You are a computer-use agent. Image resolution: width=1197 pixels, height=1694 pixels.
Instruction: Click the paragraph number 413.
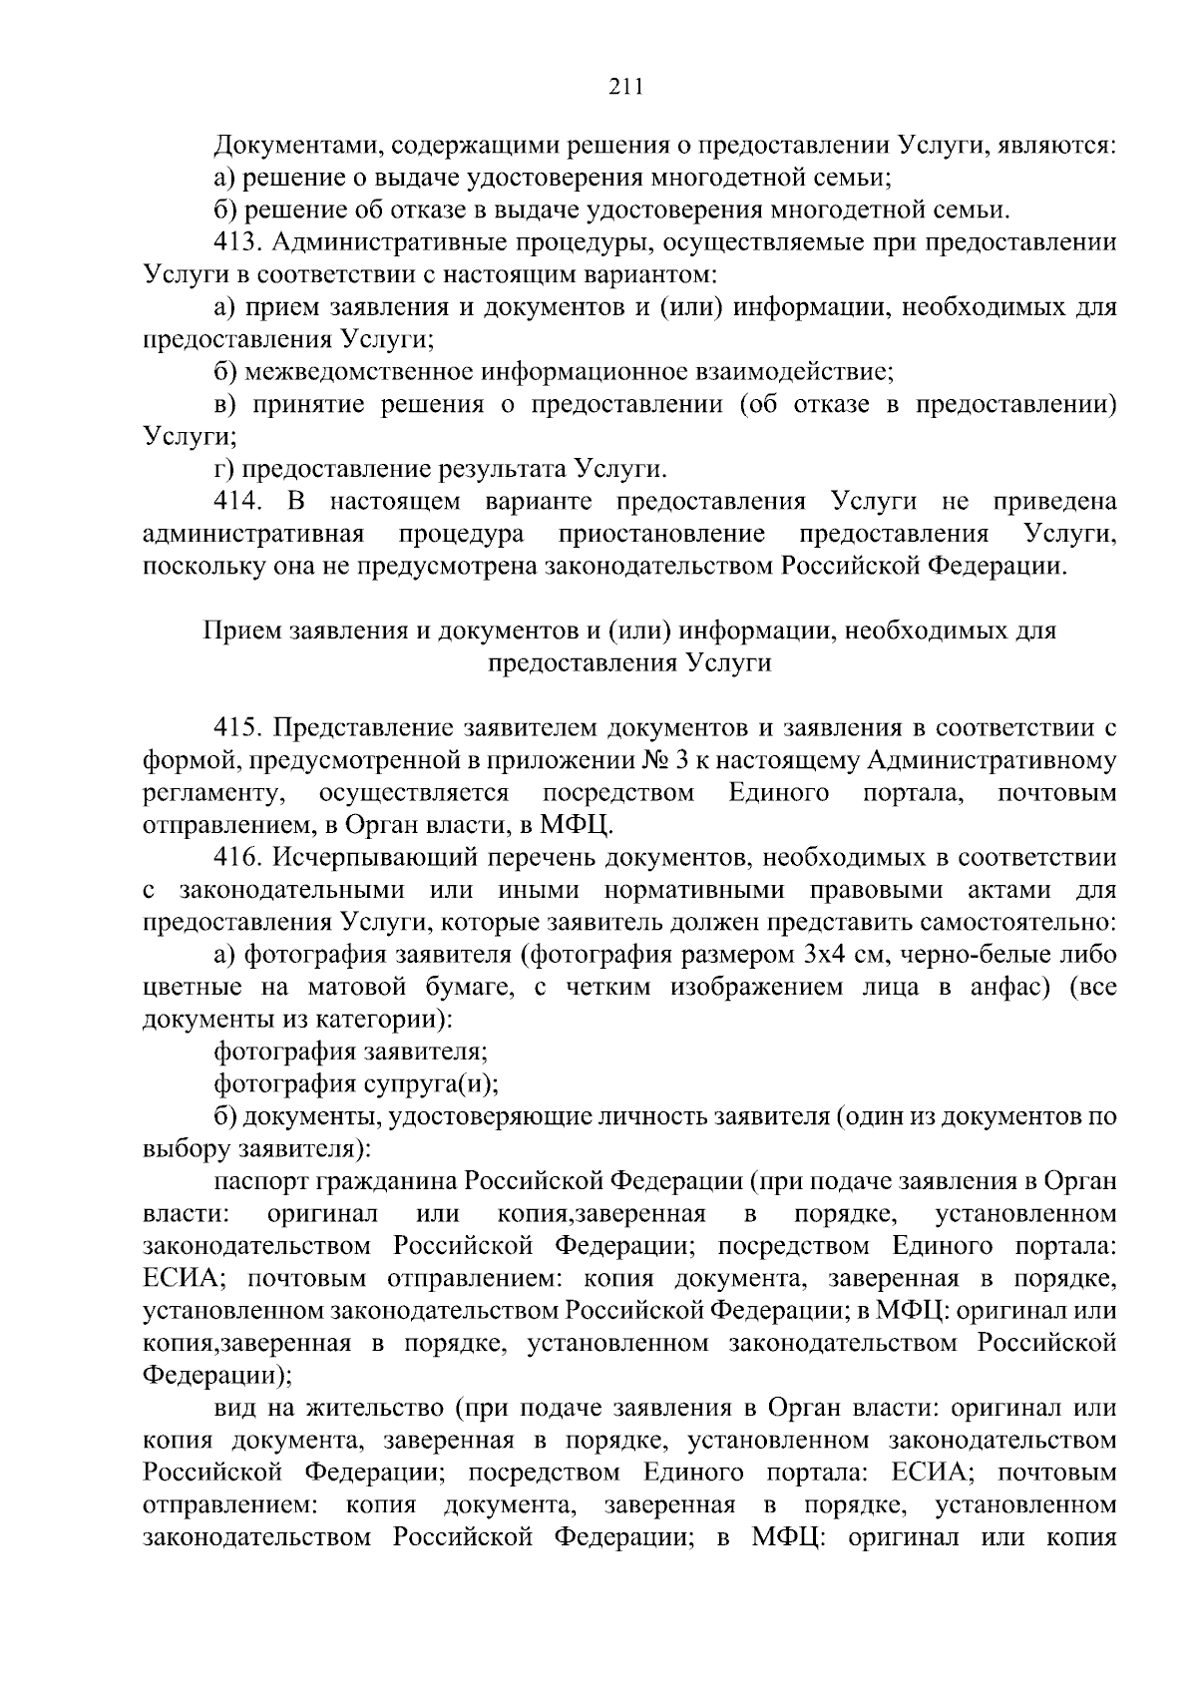237,242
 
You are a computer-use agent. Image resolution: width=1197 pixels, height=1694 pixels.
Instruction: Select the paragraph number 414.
237,501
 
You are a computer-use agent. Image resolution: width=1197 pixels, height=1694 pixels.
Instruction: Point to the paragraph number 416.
237,857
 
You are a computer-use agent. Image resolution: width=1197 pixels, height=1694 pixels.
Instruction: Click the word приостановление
662,534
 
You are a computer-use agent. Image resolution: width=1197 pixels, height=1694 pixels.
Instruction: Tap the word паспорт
261,1181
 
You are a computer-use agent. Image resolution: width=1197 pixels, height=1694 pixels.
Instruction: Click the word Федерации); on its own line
217,1376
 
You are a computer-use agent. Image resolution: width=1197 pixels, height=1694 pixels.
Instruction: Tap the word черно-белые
967,955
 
